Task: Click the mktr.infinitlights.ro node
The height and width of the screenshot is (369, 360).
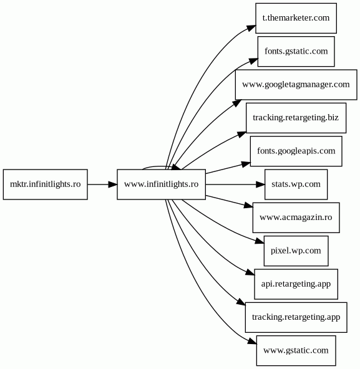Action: (46, 184)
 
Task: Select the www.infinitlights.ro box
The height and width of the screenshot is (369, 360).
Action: (161, 184)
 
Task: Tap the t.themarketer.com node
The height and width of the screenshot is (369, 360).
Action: (296, 18)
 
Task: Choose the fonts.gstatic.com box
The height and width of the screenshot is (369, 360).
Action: (296, 51)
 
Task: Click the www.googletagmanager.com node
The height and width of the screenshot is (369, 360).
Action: (296, 85)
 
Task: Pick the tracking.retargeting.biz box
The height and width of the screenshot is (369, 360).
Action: (296, 118)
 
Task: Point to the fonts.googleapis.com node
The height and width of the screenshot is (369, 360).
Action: (296, 151)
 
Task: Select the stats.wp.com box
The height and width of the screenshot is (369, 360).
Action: (296, 184)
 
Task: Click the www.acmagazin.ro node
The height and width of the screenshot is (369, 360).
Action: (296, 218)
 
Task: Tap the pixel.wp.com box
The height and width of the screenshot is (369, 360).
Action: (296, 251)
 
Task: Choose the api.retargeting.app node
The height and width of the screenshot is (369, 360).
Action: (296, 284)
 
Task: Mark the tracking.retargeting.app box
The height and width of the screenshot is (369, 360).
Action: (296, 317)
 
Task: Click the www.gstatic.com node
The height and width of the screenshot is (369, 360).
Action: (296, 351)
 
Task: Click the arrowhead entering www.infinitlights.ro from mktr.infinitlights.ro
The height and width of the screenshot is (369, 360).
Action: (113, 184)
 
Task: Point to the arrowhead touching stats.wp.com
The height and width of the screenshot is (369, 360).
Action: (260, 184)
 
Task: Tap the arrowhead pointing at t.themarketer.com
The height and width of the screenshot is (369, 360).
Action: (251, 28)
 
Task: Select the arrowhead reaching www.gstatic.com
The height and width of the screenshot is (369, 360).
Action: (253, 341)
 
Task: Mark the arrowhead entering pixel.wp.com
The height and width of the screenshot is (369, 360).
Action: (260, 241)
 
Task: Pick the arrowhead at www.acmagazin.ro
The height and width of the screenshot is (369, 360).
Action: (248, 206)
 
